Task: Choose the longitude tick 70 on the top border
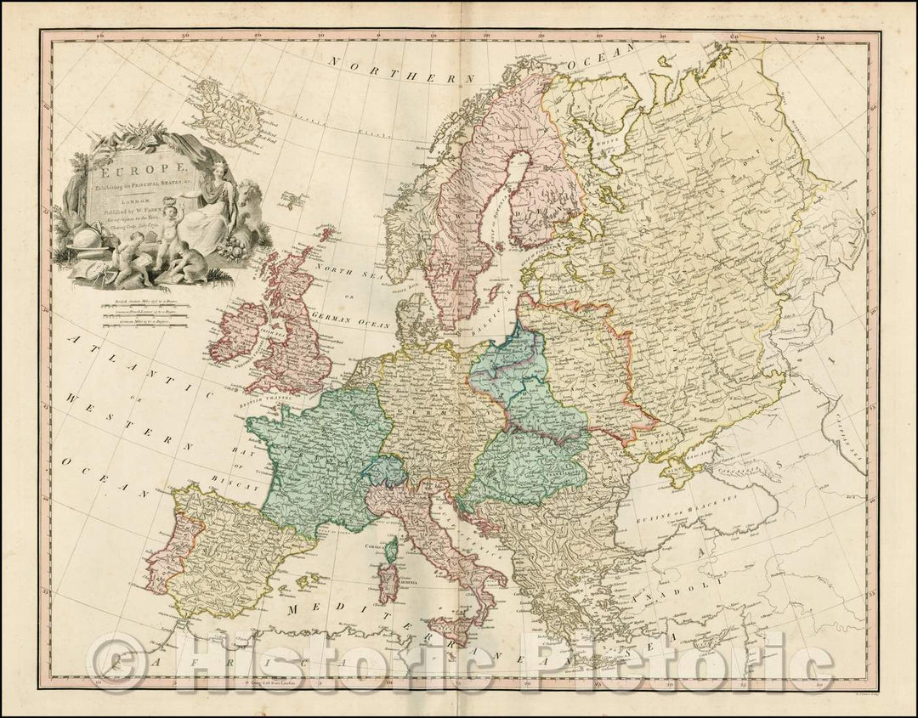tap(820, 37)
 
